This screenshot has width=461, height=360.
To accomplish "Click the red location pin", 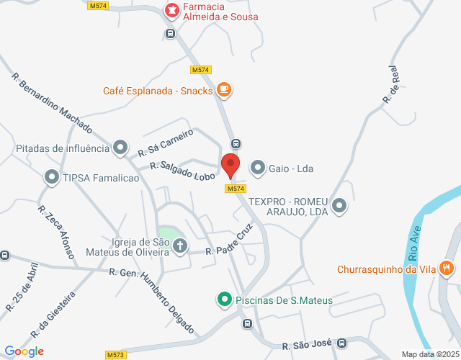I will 230,165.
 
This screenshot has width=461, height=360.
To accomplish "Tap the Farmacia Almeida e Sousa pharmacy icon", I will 171,11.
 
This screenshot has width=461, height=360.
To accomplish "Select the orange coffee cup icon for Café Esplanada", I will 224,90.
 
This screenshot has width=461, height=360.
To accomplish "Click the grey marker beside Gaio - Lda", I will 257,169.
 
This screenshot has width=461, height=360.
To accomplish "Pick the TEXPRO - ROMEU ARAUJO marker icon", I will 340,207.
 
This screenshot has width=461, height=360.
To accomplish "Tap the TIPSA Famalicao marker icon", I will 51,176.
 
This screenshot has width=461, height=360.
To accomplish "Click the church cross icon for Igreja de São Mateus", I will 179,248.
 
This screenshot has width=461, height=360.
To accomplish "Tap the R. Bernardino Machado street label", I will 53,104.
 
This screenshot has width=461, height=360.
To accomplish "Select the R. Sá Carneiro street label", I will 166,143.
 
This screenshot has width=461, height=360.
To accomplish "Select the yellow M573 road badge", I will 115,355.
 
